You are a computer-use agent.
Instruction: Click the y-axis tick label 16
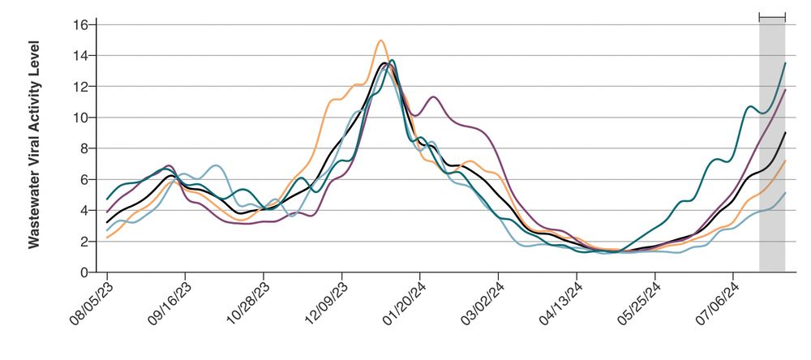coord(80,24)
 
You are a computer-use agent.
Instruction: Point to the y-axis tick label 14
coord(80,55)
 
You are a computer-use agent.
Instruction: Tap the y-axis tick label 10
coord(80,118)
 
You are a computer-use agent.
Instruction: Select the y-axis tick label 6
coord(84,179)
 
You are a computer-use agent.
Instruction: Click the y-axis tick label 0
coord(84,272)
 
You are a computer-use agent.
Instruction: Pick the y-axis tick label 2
coord(84,242)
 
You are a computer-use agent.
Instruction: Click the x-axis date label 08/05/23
coord(89,303)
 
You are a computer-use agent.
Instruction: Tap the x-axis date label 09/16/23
coord(168,303)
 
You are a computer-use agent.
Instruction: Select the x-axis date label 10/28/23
coord(247,303)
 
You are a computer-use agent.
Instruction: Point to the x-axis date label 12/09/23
coord(325,303)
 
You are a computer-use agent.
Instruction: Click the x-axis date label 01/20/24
coord(404,303)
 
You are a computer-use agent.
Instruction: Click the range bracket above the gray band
coord(772,16)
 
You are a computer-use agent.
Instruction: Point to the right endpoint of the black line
coord(785,132)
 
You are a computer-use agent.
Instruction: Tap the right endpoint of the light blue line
coord(785,193)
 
